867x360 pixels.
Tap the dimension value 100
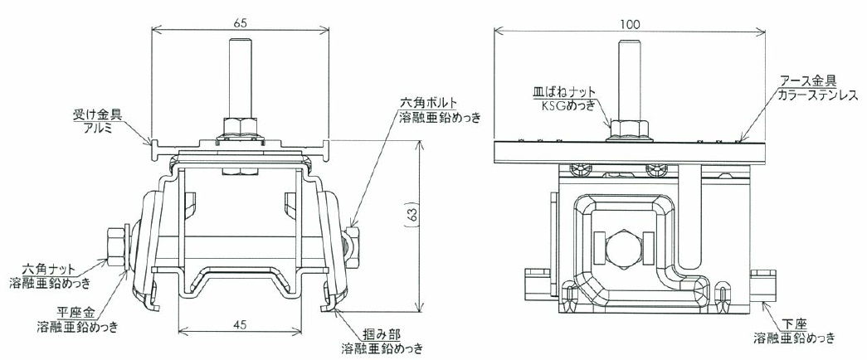(x=630, y=24)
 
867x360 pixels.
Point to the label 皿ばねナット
(x=562, y=92)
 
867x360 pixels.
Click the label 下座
(x=794, y=324)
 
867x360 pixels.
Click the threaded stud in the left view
(x=240, y=77)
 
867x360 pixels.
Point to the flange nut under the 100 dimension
(x=630, y=130)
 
